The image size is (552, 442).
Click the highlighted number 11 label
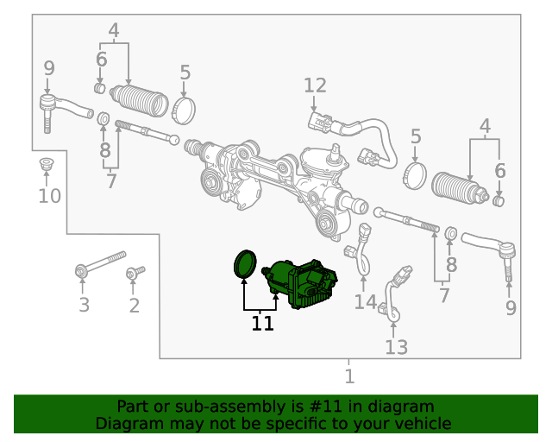coord(262,324)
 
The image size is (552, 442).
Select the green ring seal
coord(247,264)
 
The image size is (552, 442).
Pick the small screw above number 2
coord(135,274)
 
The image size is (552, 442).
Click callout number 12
coord(315,85)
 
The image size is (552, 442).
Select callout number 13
coord(396,347)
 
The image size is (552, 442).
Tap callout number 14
coord(365,302)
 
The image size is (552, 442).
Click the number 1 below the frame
coord(349,376)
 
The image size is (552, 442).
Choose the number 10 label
coord(50,197)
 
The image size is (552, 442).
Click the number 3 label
coord(84,305)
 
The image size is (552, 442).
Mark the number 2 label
coord(134,305)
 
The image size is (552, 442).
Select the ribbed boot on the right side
coord(461,190)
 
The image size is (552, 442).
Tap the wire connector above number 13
coord(398,280)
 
